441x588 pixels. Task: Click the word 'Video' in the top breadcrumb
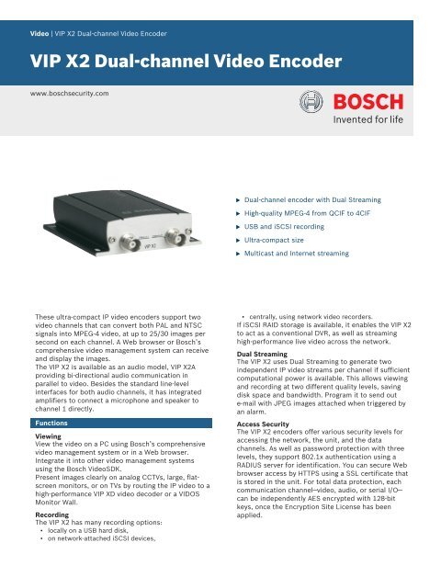[42, 33]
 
